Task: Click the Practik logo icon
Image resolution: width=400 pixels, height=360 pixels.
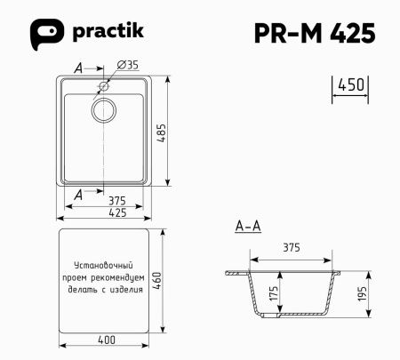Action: pyautogui.click(x=45, y=34)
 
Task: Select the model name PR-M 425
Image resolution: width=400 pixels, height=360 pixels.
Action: pyautogui.click(x=315, y=33)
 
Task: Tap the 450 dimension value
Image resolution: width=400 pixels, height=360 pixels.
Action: pyautogui.click(x=351, y=85)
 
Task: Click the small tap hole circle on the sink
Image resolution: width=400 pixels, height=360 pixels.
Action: pyautogui.click(x=105, y=86)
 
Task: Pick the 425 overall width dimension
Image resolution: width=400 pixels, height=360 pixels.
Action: pyautogui.click(x=105, y=212)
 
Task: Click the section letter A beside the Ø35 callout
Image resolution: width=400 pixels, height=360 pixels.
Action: pyautogui.click(x=79, y=68)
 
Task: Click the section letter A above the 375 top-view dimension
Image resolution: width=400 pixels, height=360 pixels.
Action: pyautogui.click(x=79, y=193)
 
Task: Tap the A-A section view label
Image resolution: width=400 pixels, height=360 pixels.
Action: pyautogui.click(x=248, y=227)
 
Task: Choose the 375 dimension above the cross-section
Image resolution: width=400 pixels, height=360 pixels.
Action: pyautogui.click(x=293, y=247)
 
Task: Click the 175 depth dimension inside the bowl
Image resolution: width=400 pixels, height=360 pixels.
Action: pyautogui.click(x=273, y=294)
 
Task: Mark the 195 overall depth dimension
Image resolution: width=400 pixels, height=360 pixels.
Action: pyautogui.click(x=362, y=294)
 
